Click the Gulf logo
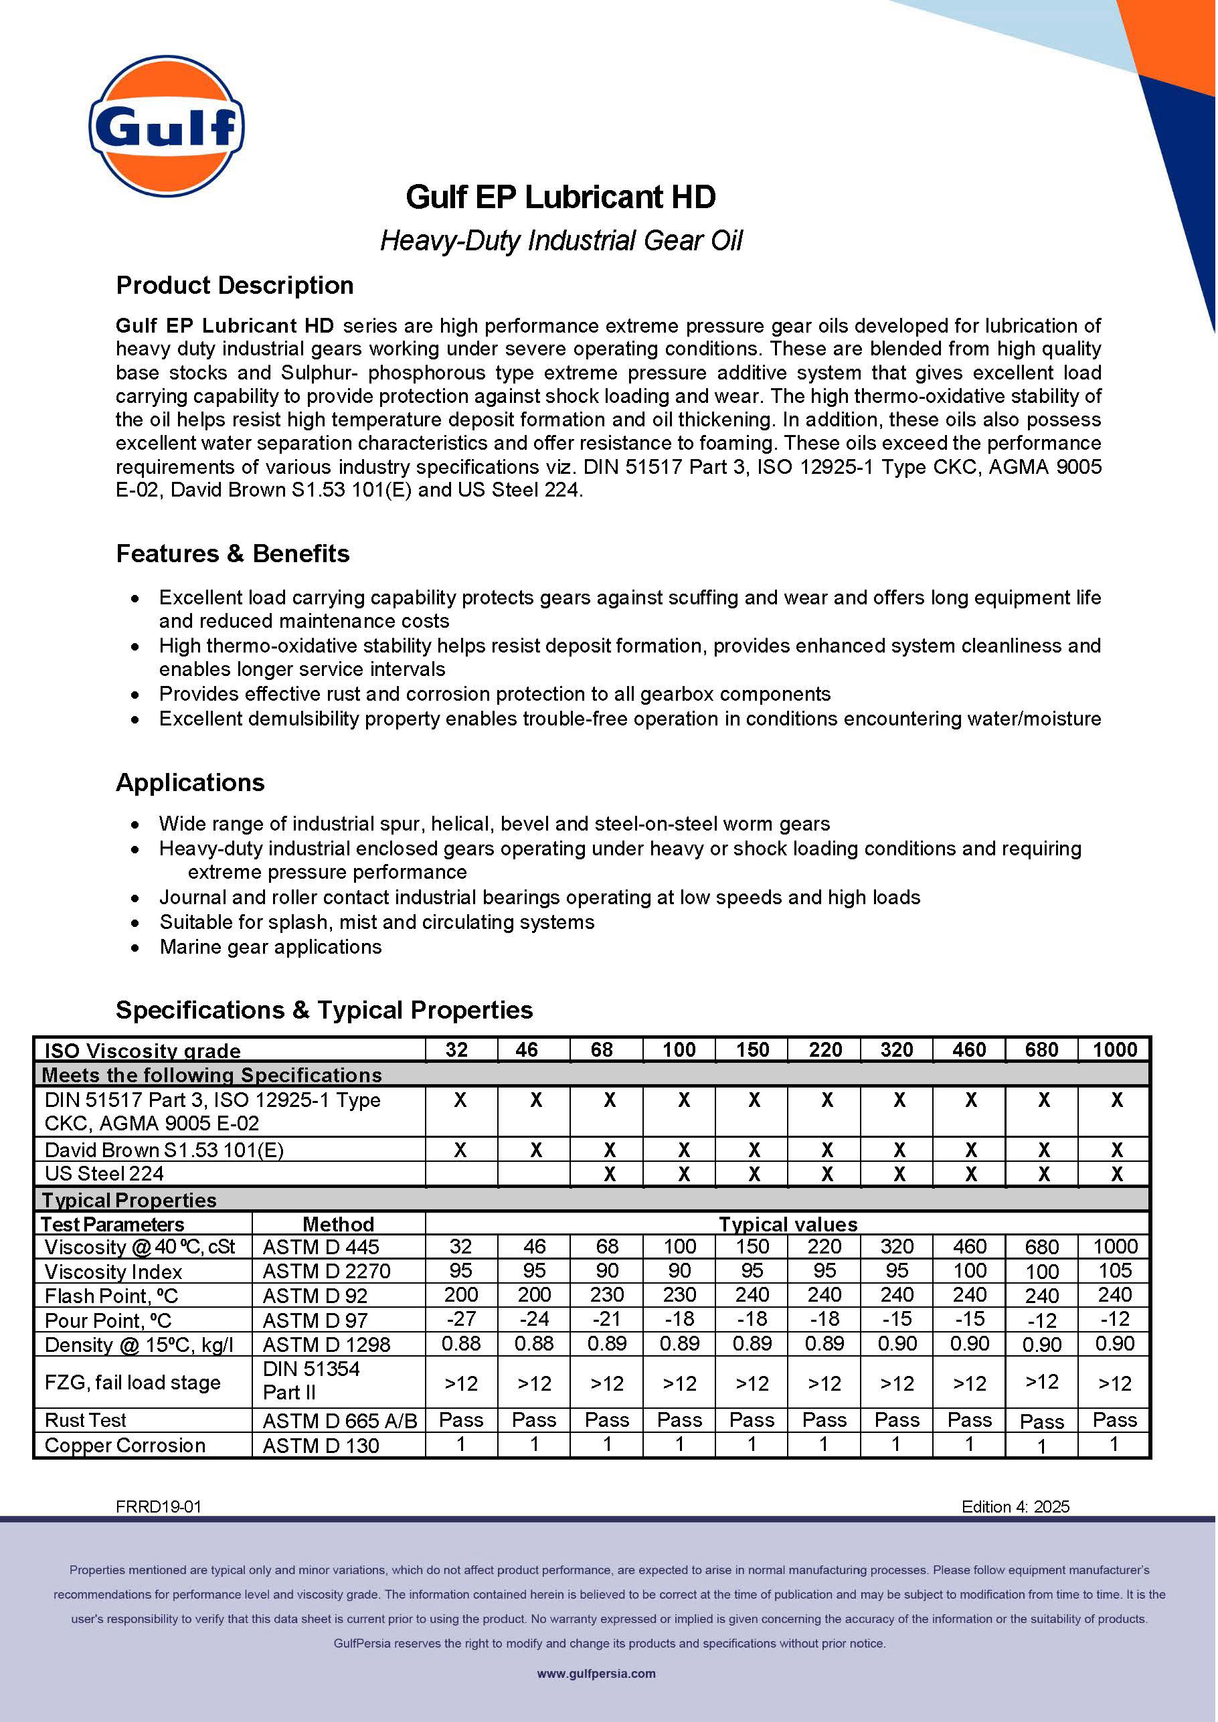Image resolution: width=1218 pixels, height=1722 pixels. (x=167, y=125)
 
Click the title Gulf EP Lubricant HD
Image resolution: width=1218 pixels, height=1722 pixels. (x=560, y=197)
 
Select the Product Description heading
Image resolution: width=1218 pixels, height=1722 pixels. (x=234, y=286)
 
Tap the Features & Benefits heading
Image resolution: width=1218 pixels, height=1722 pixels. (x=232, y=553)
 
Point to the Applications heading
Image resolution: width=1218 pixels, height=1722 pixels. (x=190, y=782)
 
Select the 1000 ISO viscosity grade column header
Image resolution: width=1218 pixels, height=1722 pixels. (x=1114, y=1049)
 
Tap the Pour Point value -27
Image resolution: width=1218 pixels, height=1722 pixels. (x=460, y=1319)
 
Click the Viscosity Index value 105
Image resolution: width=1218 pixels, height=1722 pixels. (x=1114, y=1270)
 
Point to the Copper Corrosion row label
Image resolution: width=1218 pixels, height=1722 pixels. (x=124, y=1445)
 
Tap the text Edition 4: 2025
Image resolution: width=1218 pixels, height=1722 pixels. (x=1015, y=1506)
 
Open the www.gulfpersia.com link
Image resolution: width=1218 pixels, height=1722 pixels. (x=596, y=1673)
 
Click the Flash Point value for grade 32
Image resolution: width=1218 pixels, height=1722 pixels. (x=460, y=1295)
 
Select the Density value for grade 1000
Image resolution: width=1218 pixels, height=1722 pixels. (x=1114, y=1344)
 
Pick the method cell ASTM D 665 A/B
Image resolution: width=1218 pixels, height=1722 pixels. (x=339, y=1421)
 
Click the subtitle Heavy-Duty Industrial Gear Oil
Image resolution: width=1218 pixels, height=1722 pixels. (x=561, y=241)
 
